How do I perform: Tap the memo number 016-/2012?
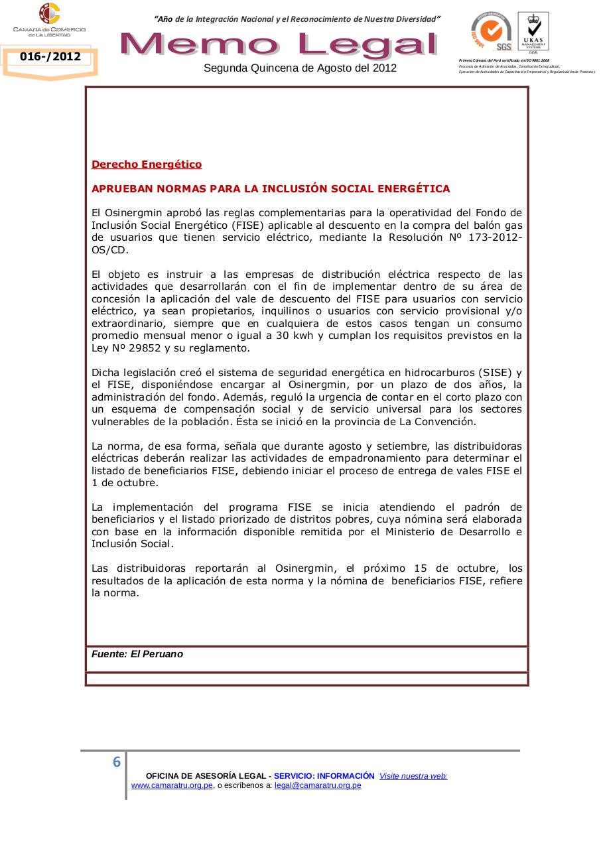(x=50, y=57)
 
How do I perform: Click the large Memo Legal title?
(x=279, y=44)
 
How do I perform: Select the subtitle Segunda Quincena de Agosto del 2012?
(x=300, y=68)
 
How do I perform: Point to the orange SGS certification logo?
(x=492, y=31)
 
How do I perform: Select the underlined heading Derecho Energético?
(x=147, y=164)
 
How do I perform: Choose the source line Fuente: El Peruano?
(x=137, y=654)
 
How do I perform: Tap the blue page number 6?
(x=117, y=762)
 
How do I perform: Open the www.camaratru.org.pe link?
(x=172, y=785)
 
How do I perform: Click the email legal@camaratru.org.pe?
(x=318, y=785)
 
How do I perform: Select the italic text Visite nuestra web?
(x=413, y=776)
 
